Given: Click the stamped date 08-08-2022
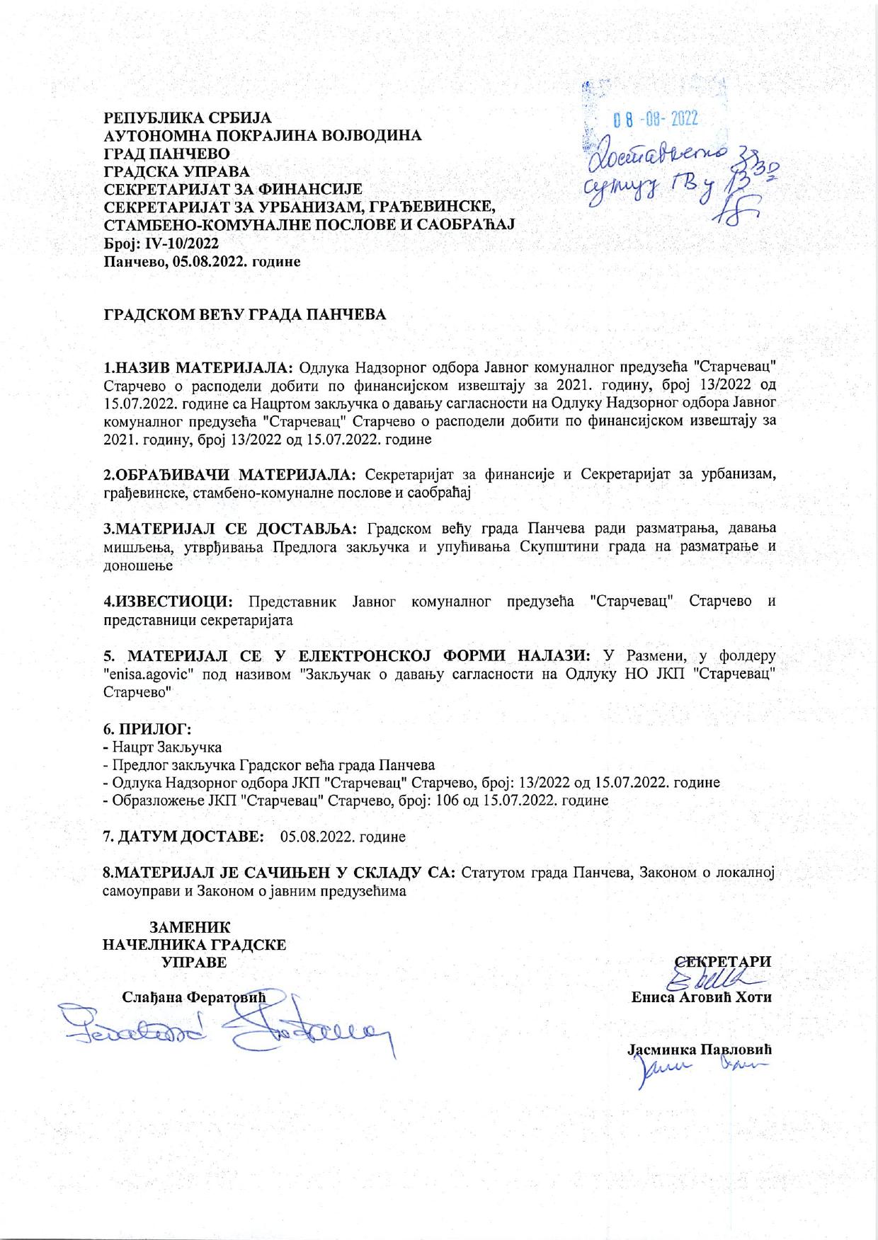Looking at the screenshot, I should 656,119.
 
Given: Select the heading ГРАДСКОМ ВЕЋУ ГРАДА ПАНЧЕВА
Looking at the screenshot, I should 245,315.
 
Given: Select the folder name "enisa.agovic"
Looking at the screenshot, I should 150,674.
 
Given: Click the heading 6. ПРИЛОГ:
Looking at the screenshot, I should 148,729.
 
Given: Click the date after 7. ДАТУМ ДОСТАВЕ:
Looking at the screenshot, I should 343,837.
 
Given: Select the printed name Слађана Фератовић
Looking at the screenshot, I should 193,997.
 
